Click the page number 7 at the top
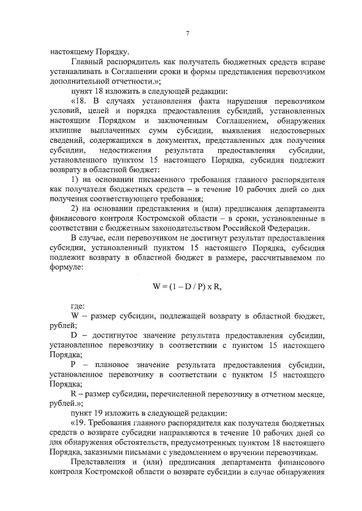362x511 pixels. [187, 33]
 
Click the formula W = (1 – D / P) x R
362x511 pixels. [187, 286]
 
